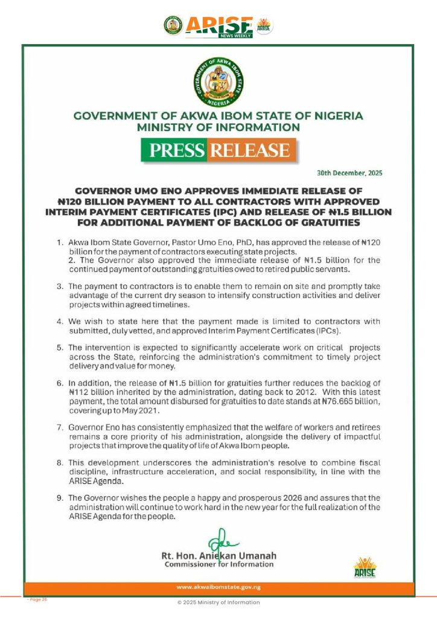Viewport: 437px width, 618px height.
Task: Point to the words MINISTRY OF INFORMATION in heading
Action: [218, 127]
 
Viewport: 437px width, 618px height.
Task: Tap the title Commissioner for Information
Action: [218, 564]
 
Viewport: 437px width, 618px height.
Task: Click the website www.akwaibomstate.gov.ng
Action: [218, 587]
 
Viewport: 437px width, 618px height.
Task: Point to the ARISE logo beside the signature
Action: [365, 567]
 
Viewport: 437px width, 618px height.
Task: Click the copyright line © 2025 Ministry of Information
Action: [218, 602]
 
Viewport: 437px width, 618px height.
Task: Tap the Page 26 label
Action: [37, 599]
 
